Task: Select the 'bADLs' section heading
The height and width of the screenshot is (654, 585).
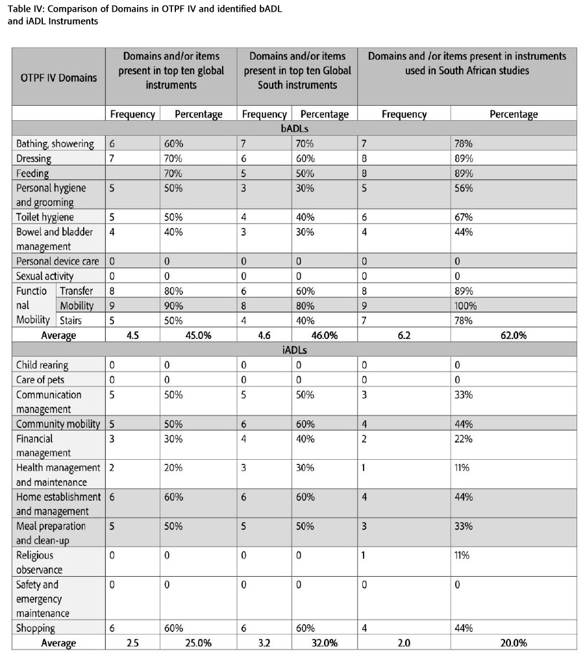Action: (294, 129)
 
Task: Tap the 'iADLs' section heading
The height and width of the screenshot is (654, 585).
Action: (294, 350)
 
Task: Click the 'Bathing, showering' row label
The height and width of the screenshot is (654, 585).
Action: (55, 144)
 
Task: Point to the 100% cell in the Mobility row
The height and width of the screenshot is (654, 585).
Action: (463, 306)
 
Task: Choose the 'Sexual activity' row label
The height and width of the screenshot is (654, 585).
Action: (45, 276)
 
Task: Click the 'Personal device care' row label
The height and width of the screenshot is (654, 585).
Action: (58, 261)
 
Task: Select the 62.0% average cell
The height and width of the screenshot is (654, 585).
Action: (513, 335)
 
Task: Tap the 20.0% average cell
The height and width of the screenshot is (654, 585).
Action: (513, 643)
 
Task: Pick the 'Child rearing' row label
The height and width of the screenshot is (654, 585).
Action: (42, 365)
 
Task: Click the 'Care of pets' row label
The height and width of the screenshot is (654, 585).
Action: (40, 380)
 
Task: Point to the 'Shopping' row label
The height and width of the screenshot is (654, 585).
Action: (36, 628)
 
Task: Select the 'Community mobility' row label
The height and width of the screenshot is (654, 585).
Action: (58, 424)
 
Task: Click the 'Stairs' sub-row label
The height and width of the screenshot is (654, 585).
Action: (71, 320)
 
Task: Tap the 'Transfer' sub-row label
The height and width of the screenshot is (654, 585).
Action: (77, 291)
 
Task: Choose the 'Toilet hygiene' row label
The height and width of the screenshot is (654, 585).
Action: (45, 217)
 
